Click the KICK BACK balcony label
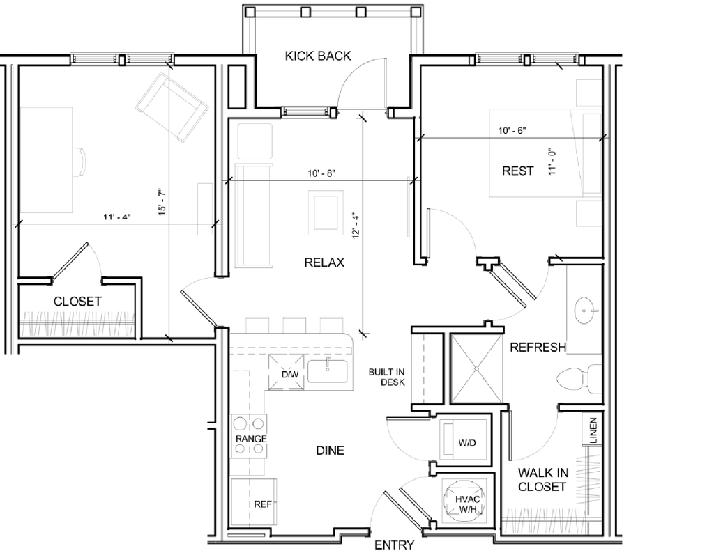click(318, 56)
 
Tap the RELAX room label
click(325, 263)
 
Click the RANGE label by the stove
click(251, 439)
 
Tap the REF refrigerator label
click(262, 504)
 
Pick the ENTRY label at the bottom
click(395, 545)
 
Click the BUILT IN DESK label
click(387, 377)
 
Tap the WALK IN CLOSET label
click(542, 479)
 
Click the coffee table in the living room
click(326, 211)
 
